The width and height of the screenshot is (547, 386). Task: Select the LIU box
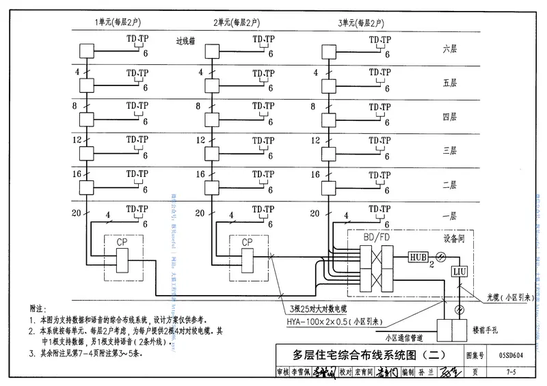point(459,272)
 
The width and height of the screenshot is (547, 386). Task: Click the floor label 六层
point(449,49)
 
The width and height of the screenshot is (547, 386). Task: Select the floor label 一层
point(449,216)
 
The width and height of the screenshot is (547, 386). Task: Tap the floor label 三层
point(449,150)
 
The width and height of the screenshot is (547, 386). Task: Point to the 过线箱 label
point(186,42)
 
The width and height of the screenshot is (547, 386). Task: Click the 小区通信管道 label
point(404,337)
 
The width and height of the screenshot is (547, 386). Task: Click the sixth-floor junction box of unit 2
point(212,51)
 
